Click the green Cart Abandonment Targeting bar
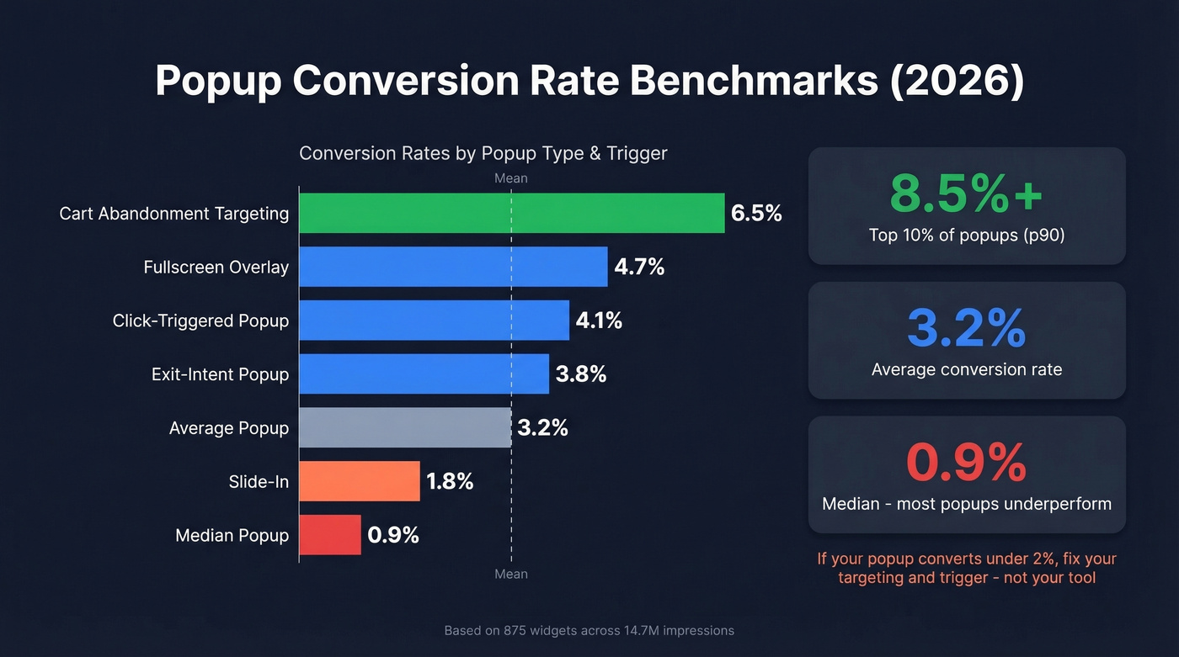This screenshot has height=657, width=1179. pos(511,213)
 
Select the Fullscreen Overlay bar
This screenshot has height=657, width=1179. pos(453,267)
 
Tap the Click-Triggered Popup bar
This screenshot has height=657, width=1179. pos(434,321)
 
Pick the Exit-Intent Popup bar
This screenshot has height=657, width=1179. pos(424,374)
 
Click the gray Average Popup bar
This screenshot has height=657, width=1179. pos(405,428)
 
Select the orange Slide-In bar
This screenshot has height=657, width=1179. pos(360,481)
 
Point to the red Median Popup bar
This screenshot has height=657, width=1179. pos(330,535)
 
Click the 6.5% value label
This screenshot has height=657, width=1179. pos(756,214)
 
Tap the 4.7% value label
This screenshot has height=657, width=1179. pos(639,268)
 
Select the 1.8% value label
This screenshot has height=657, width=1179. pos(450,482)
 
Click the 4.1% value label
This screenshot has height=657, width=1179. pos(599,321)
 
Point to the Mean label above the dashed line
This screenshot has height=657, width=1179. pos(510,178)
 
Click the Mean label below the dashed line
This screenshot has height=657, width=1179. pos(510,574)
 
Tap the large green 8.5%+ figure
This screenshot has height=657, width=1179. pos(966,194)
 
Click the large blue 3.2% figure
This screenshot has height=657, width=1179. pos(966,329)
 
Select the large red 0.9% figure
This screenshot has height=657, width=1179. pos(966,463)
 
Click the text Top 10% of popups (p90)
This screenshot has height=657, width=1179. pos(967,236)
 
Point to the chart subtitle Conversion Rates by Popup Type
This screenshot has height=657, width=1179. pos(483,153)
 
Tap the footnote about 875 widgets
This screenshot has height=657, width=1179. pos(589,630)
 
